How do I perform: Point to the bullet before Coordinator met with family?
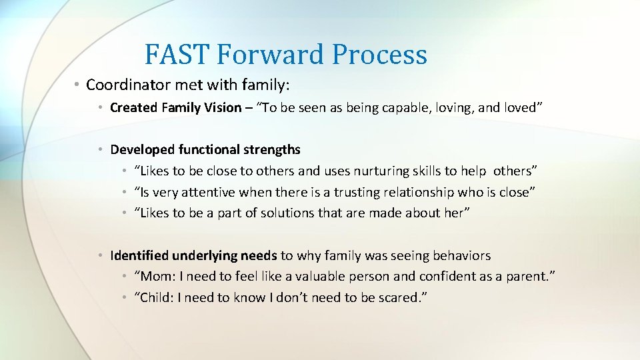(77, 85)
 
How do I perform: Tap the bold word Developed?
(139, 149)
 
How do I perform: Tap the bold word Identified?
(139, 255)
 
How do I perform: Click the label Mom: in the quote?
(155, 277)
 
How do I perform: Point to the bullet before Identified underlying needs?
(99, 255)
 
